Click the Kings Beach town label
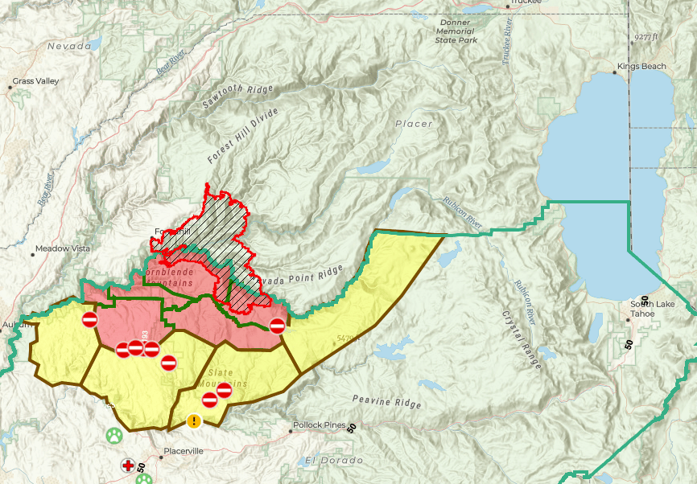[x=643, y=66]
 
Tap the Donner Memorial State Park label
[x=456, y=31]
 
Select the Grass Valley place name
[x=35, y=82]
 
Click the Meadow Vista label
[x=64, y=249]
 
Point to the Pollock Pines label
[x=320, y=425]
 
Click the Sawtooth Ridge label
[x=237, y=97]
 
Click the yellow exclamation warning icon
[x=194, y=420]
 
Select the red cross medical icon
[x=128, y=465]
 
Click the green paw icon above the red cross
[x=114, y=436]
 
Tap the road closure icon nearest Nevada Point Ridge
[x=277, y=326]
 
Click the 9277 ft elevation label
[x=645, y=37]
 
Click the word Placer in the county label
[x=414, y=124]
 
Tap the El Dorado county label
[x=333, y=461]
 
